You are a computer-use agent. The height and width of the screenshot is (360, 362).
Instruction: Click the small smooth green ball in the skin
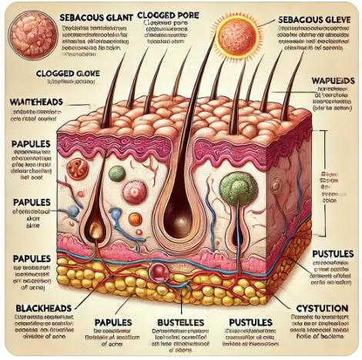pos(116,173)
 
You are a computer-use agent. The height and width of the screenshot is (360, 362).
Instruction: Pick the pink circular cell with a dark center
pos(136,190)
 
